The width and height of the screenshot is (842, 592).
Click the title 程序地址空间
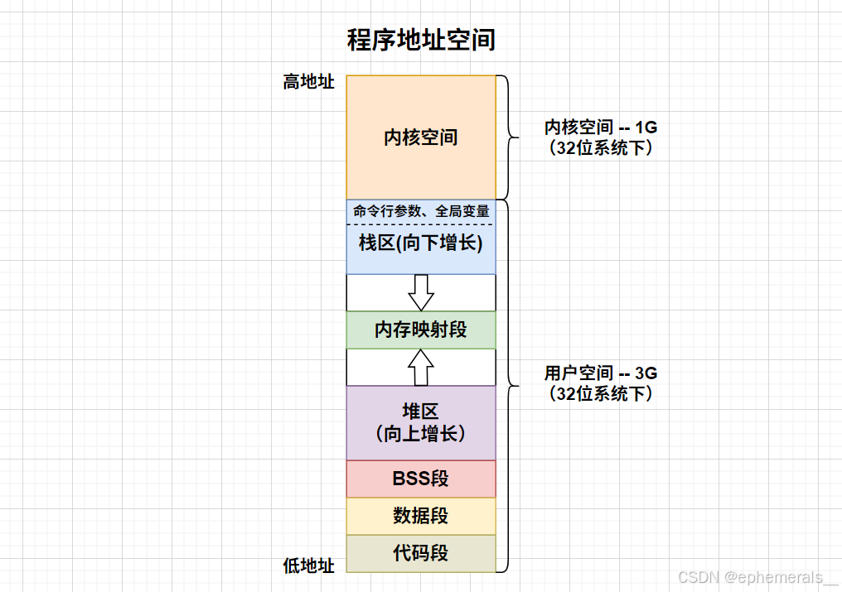tap(421, 40)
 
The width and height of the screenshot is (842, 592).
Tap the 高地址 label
tap(308, 82)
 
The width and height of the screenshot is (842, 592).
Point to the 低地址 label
tap(308, 566)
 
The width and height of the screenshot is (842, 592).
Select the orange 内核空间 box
tap(421, 137)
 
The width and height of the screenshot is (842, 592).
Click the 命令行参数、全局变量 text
tap(421, 211)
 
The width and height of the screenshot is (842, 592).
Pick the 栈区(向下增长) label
tap(421, 243)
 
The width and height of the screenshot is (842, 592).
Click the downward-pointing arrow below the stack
tap(421, 291)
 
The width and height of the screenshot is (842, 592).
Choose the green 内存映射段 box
tap(421, 330)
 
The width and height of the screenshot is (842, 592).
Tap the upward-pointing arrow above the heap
tap(421, 367)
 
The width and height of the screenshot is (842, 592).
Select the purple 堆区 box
tap(421, 422)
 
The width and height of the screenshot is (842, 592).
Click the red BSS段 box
tap(421, 479)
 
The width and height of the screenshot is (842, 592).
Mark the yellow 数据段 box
tap(421, 516)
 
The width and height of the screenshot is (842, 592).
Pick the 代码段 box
tap(421, 553)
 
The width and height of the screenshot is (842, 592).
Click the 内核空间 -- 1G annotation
tap(601, 128)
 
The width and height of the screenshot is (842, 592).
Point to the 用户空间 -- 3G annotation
tap(601, 373)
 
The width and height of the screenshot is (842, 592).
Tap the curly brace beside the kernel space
tap(507, 137)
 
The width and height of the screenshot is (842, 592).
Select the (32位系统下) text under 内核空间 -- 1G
tap(601, 149)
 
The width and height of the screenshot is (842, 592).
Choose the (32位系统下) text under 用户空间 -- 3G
tap(601, 394)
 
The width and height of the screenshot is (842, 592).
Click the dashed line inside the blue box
tap(421, 224)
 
